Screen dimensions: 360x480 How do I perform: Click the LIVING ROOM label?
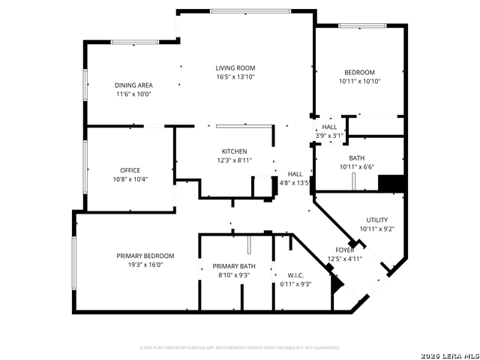(x=235, y=67)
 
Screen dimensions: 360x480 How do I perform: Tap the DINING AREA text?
(x=133, y=85)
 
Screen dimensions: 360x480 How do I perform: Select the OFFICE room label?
(x=130, y=169)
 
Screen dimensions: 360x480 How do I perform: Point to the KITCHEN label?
(x=234, y=151)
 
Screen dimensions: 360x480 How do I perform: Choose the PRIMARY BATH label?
(x=234, y=266)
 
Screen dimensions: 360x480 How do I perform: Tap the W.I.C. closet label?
(x=294, y=274)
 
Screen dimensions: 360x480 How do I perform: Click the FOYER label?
(x=344, y=250)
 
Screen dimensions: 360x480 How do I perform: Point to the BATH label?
(x=356, y=157)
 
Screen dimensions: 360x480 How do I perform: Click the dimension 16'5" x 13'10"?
(x=235, y=76)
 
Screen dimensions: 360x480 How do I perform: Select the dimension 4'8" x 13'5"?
(x=295, y=182)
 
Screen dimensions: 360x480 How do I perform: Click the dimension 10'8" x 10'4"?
(x=130, y=178)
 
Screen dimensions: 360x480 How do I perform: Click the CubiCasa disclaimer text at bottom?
(x=240, y=348)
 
